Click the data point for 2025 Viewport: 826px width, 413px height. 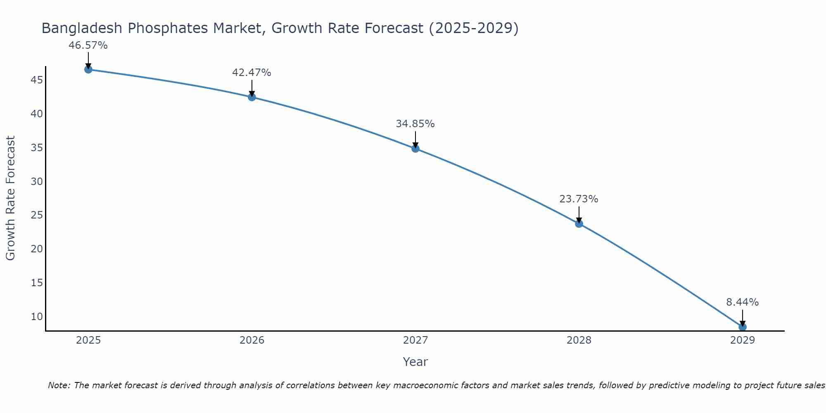pos(88,69)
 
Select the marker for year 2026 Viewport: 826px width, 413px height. pos(252,97)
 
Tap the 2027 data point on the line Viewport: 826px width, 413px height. pos(415,149)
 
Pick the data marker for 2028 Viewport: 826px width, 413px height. pos(579,224)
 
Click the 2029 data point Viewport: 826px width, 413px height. pos(743,327)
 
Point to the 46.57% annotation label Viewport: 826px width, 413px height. pos(88,45)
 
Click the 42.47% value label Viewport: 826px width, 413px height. pos(252,73)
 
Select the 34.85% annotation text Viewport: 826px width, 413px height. pos(415,124)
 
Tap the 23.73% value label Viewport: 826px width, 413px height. pos(579,199)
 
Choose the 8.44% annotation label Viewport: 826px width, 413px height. pos(742,302)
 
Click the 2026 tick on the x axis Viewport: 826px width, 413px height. pos(252,340)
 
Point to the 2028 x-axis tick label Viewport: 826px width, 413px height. pos(579,340)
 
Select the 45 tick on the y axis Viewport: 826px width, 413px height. pos(37,80)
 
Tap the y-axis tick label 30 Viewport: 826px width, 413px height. pos(37,181)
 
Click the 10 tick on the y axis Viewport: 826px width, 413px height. pos(37,317)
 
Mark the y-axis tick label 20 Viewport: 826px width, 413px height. pos(37,249)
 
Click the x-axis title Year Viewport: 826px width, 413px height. pos(415,362)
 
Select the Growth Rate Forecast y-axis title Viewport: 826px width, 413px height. pos(10,198)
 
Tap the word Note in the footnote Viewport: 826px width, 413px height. pos(59,385)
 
